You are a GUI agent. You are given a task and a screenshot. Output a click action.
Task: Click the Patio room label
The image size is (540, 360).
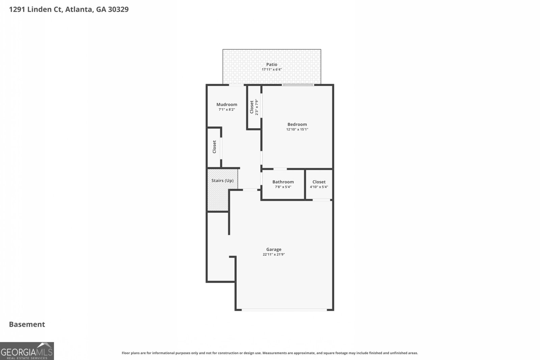[271, 64]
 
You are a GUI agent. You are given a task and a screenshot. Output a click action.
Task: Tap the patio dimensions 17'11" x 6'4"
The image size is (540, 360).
[271, 70]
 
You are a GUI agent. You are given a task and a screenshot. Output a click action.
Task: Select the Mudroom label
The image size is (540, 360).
[226, 105]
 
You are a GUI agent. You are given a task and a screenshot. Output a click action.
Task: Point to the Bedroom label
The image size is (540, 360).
[297, 124]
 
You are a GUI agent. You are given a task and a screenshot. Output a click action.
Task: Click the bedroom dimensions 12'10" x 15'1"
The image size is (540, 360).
[297, 130]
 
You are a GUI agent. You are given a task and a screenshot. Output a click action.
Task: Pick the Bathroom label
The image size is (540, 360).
[283, 182]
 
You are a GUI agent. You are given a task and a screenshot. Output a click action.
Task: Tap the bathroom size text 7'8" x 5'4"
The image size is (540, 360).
[283, 187]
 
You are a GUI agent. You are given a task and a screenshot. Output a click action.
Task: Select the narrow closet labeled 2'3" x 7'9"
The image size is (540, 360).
[254, 107]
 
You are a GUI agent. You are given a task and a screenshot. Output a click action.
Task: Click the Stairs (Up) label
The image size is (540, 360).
[222, 181]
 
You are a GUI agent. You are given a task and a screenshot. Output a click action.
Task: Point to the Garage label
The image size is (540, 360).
[273, 250]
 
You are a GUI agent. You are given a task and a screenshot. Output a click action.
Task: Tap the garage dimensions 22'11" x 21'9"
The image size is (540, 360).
[273, 255]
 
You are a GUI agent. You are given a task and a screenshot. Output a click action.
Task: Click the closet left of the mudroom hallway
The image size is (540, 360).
[214, 147]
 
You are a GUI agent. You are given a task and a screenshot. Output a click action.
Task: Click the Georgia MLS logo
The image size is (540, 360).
[27, 351]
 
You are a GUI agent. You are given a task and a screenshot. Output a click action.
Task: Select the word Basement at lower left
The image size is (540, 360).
[27, 324]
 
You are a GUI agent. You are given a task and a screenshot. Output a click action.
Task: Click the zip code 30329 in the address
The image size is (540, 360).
[118, 9]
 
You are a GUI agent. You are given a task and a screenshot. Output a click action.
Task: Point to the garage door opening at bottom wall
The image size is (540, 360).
[284, 310]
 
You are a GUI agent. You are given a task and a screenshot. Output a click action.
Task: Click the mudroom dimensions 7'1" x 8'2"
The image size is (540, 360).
[226, 110]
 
